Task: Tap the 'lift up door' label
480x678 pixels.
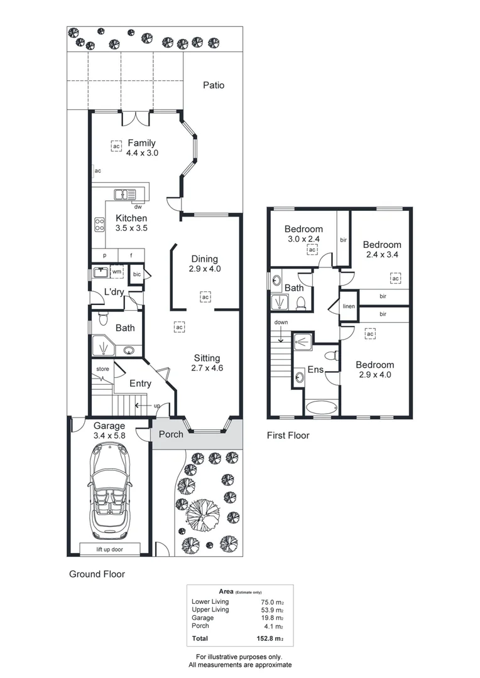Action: [109, 549]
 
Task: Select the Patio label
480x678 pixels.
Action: [213, 85]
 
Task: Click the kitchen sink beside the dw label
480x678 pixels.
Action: [124, 194]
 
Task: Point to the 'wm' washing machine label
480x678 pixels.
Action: [117, 272]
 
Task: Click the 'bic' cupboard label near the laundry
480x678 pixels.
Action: [136, 274]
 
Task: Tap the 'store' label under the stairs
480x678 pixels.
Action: [101, 369]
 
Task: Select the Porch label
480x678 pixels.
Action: [171, 434]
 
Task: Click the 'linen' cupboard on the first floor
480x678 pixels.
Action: [349, 306]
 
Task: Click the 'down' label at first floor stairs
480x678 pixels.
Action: [281, 323]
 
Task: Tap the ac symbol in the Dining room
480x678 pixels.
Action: [205, 297]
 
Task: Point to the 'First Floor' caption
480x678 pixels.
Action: [288, 435]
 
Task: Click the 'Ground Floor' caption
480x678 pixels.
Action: [96, 574]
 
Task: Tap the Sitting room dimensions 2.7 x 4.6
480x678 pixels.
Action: [206, 368]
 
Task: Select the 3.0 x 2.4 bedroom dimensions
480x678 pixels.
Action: [303, 239]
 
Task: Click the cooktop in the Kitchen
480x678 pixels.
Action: [99, 223]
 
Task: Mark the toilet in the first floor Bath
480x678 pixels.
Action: [301, 304]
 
